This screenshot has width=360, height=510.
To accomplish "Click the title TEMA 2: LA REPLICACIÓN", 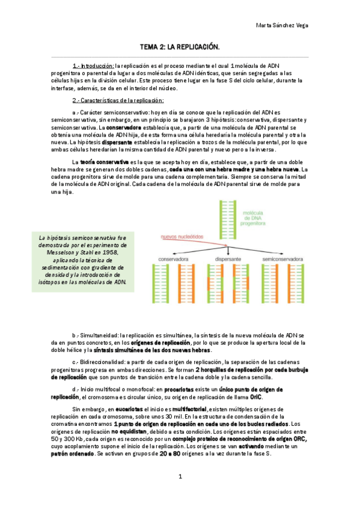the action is (x=180, y=46).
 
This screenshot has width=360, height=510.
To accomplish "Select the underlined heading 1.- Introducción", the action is (x=93, y=65).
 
